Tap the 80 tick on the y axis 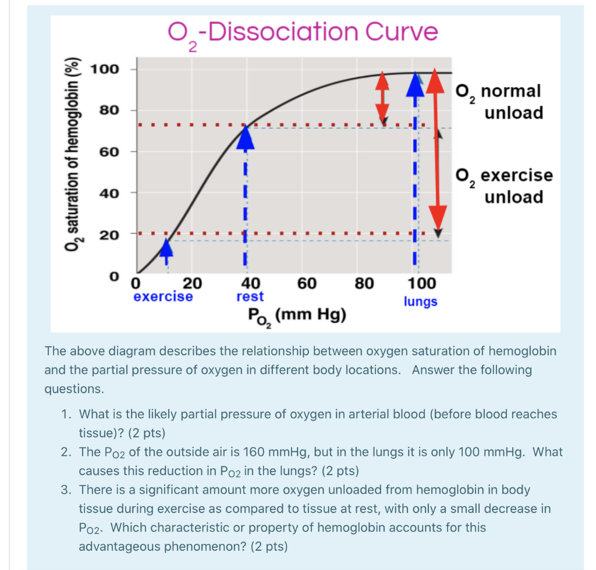tap(109, 110)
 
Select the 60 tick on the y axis tap(109, 152)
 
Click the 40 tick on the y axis tap(109, 193)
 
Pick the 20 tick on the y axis tap(109, 235)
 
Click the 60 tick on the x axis tap(307, 284)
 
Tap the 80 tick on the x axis tap(364, 284)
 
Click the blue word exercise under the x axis tap(163, 297)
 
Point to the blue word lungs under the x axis tap(420, 302)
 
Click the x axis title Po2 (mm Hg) tap(296, 316)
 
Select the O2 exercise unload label tap(504, 186)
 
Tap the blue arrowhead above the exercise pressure tap(167, 247)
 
